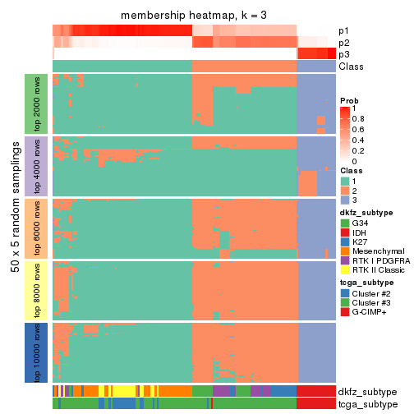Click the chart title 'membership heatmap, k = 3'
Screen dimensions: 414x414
[194, 16]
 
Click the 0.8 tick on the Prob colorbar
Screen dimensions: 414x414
[360, 119]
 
